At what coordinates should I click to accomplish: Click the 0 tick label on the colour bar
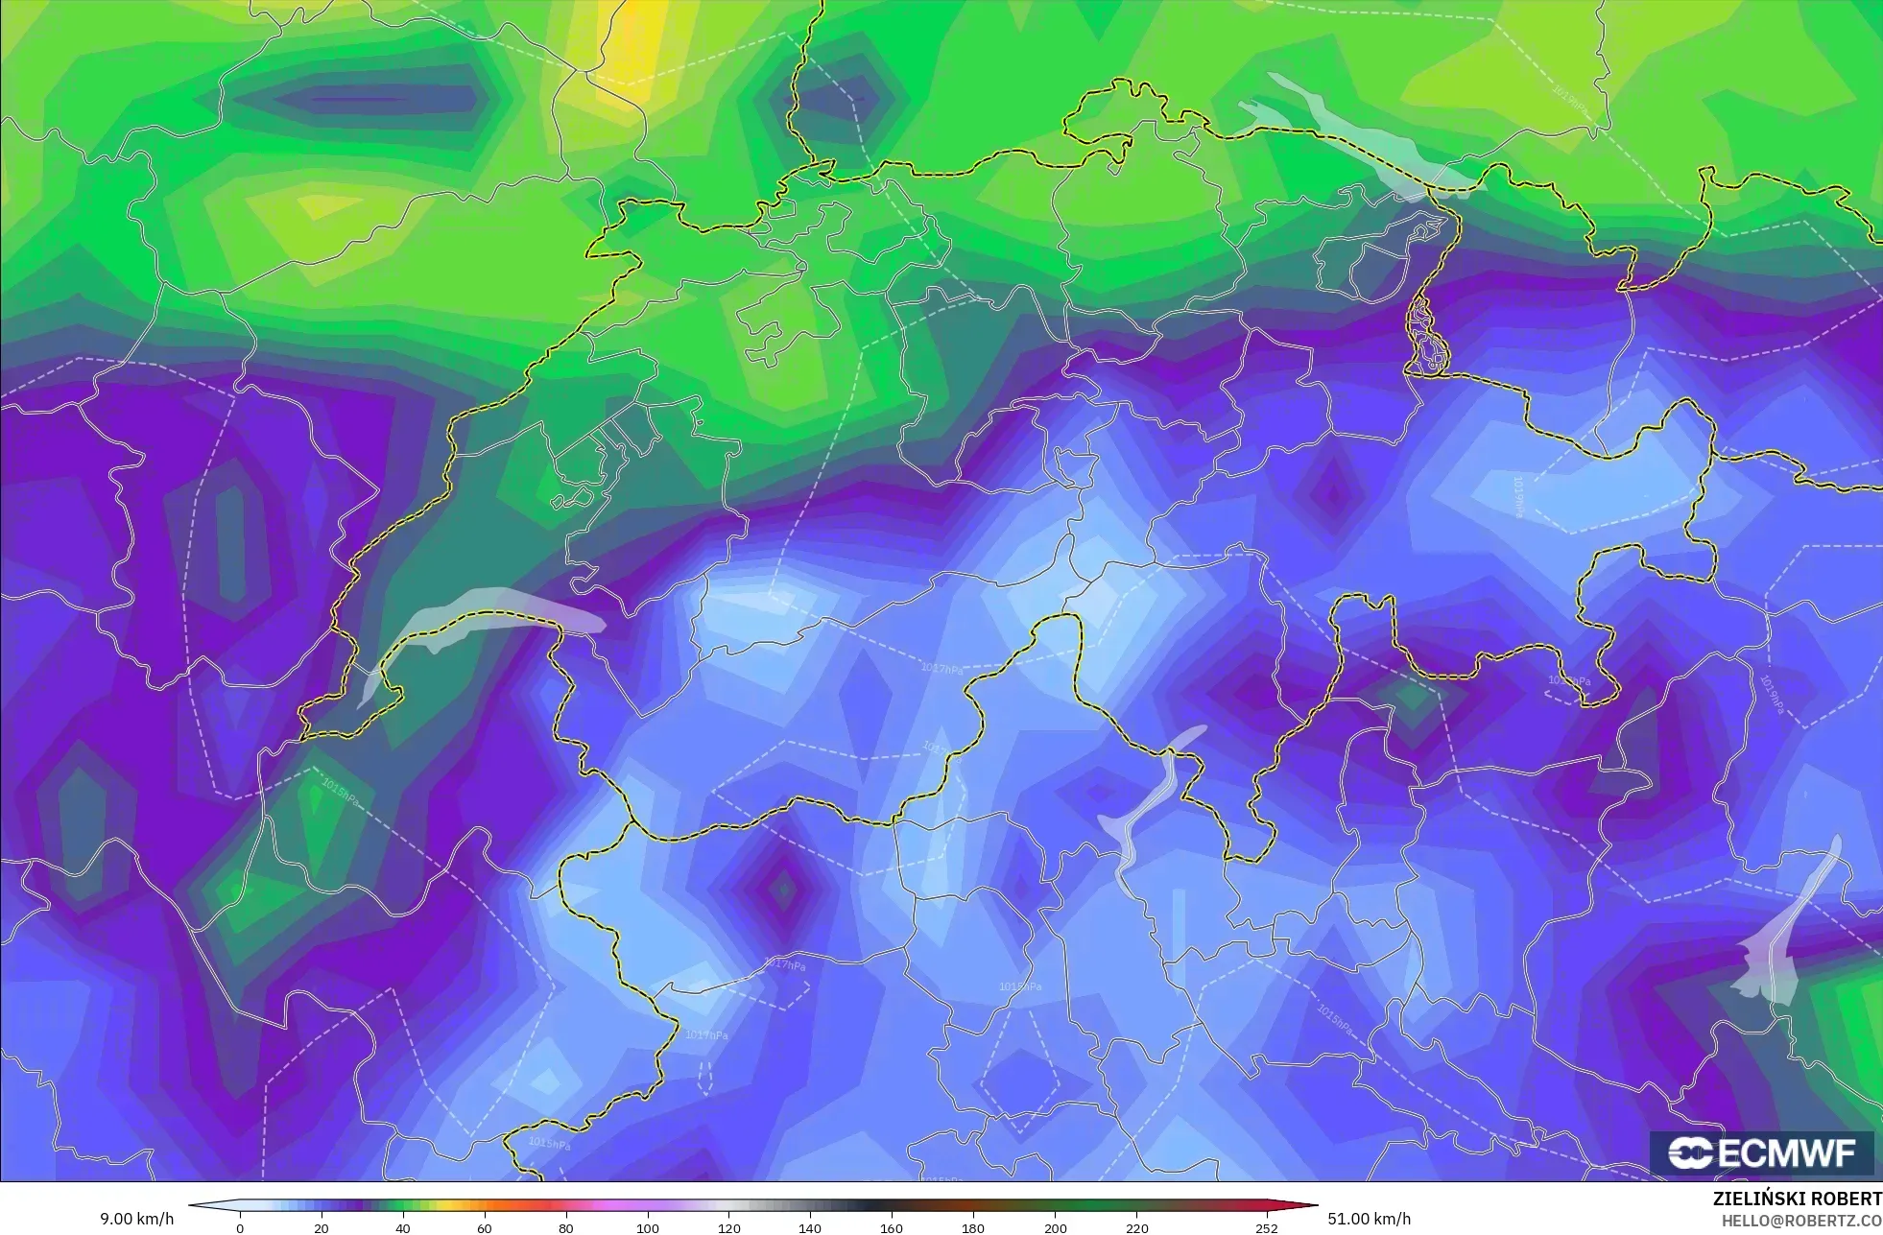[240, 1228]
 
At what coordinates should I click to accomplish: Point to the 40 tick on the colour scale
[403, 1228]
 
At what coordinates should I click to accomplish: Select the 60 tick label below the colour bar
[485, 1228]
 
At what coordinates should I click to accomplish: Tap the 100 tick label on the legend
[648, 1228]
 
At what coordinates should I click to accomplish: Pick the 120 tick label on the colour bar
[729, 1228]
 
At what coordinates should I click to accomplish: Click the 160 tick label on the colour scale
[892, 1228]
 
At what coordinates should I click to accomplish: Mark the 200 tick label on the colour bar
[1055, 1228]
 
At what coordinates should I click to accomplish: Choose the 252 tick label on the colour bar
[1267, 1228]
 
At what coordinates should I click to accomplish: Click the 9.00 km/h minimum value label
[137, 1220]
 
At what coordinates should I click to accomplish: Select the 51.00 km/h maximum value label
[1369, 1219]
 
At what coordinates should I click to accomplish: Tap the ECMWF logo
[1762, 1153]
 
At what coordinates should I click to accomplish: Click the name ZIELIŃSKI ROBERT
[1797, 1199]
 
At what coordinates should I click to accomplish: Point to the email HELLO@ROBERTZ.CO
[1800, 1221]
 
